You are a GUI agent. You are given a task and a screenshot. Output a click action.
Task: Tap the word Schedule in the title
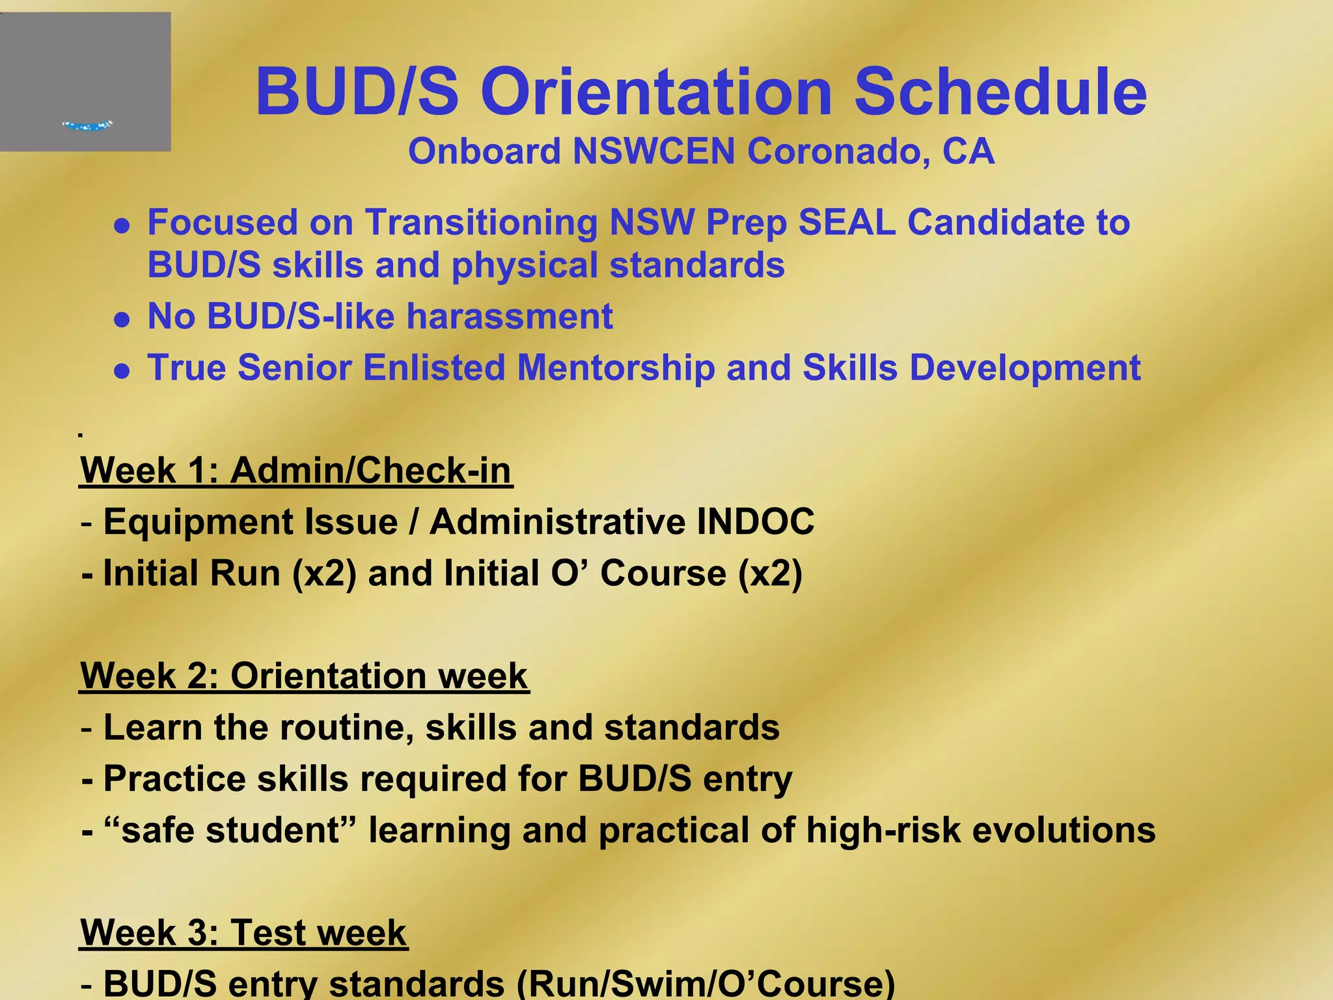coord(1000,92)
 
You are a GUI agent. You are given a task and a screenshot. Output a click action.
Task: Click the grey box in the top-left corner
coord(85,81)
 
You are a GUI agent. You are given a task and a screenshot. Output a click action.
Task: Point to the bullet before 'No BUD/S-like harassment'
coord(122,320)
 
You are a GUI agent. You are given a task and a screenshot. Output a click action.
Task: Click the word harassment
coord(510,316)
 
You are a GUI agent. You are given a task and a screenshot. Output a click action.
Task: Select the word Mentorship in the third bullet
coord(616,368)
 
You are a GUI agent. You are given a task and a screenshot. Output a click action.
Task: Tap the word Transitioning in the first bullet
coord(481,223)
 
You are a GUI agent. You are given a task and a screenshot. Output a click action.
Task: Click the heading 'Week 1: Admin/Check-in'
coord(296,470)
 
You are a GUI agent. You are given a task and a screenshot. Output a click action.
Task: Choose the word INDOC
coord(755,522)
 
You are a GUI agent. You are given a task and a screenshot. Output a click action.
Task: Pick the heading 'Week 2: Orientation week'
coord(304,676)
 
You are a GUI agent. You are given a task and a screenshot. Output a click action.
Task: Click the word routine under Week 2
coord(346,727)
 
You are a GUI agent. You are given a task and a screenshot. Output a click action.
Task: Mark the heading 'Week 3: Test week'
coord(243,933)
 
